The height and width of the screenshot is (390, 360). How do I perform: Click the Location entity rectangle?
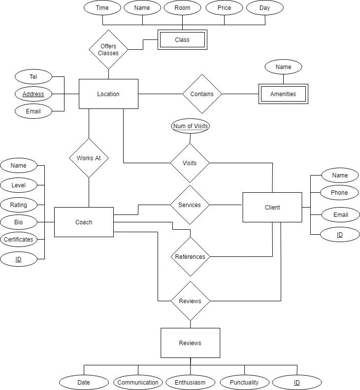pyautogui.click(x=108, y=94)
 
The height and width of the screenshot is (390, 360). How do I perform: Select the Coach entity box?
pyautogui.click(x=84, y=222)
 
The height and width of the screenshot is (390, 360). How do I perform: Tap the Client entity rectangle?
pyautogui.click(x=272, y=207)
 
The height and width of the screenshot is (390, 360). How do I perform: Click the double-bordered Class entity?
pyautogui.click(x=182, y=40)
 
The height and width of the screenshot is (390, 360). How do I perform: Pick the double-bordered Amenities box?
pyautogui.click(x=283, y=94)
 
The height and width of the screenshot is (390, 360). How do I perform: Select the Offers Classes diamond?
pyautogui.click(x=108, y=50)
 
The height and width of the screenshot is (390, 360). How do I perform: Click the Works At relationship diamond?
pyautogui.click(x=89, y=158)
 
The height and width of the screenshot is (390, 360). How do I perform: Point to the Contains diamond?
pyautogui.click(x=202, y=94)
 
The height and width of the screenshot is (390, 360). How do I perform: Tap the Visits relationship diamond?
pyautogui.click(x=190, y=163)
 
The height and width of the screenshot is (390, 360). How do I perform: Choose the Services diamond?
pyautogui.click(x=190, y=205)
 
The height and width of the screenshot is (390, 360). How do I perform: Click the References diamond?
pyautogui.click(x=190, y=256)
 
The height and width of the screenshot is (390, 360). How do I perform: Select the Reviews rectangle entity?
pyautogui.click(x=190, y=343)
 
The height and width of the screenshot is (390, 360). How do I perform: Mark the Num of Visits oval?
pyautogui.click(x=190, y=126)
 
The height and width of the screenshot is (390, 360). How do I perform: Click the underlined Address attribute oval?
pyautogui.click(x=33, y=94)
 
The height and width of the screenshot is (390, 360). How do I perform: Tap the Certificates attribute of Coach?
pyautogui.click(x=19, y=240)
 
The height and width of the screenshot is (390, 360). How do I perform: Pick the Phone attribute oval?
pyautogui.click(x=339, y=193)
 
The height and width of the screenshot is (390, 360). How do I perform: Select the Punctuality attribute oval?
pyautogui.click(x=244, y=382)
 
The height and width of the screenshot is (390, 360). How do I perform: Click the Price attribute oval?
pyautogui.click(x=224, y=8)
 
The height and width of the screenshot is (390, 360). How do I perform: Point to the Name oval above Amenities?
pyautogui.click(x=283, y=67)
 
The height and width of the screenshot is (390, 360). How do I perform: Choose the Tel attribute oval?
pyautogui.click(x=33, y=77)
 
